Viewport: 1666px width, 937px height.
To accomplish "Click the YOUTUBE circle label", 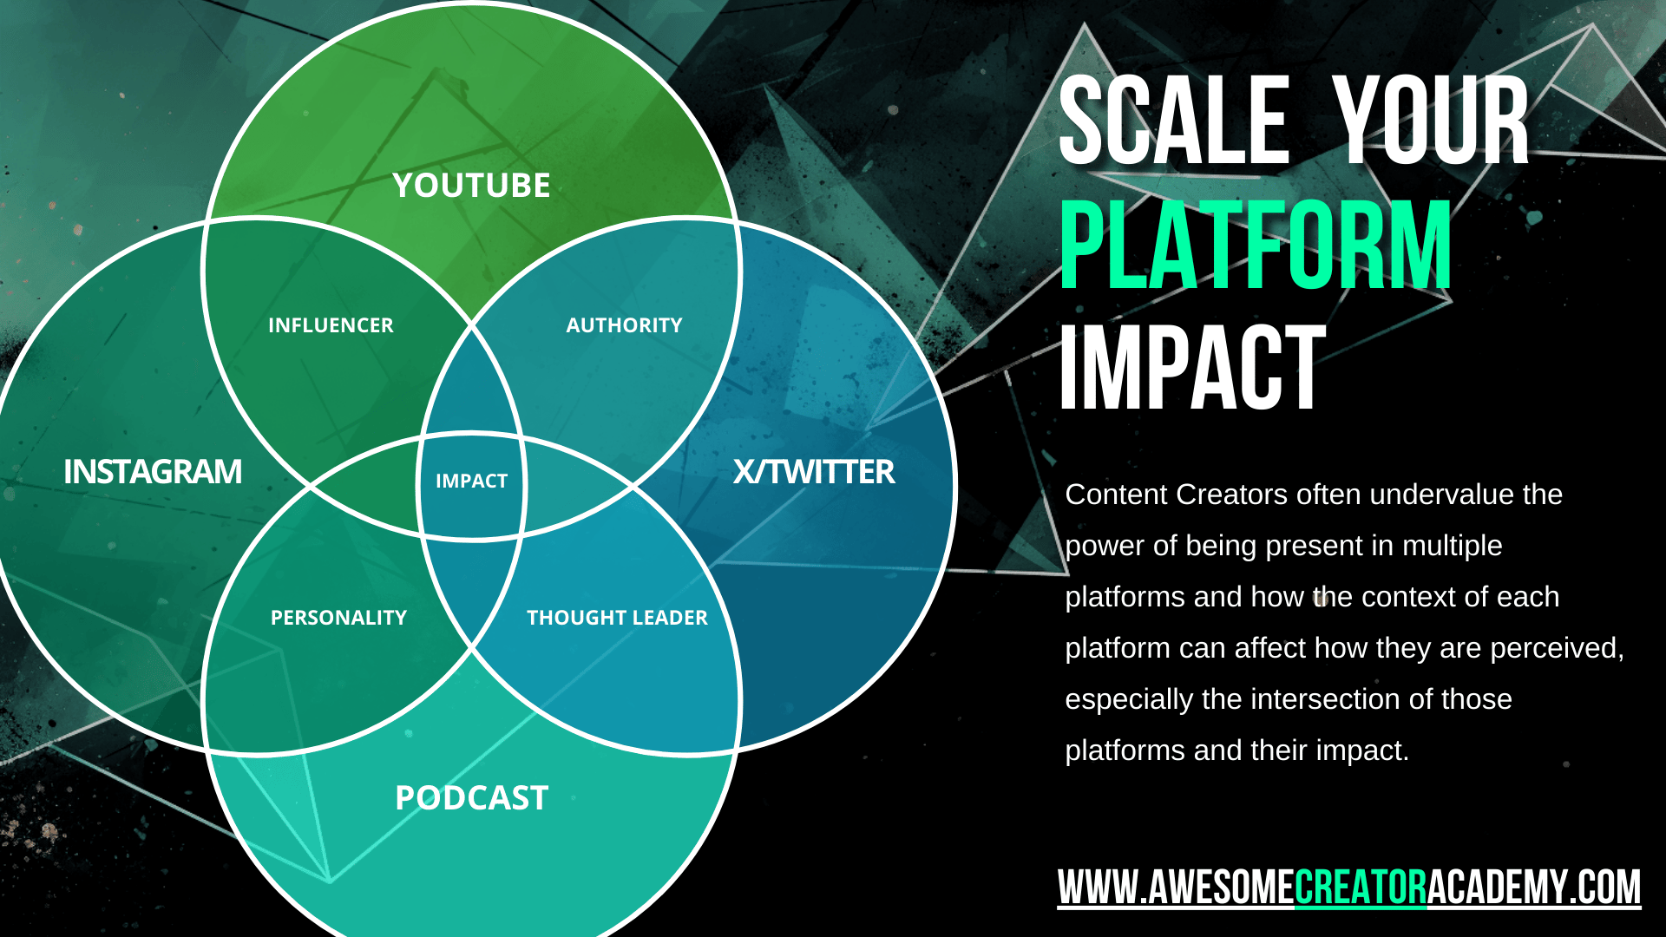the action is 471,186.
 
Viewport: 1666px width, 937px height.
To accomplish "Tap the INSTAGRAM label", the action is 153,472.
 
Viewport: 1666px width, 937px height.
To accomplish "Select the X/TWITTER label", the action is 814,472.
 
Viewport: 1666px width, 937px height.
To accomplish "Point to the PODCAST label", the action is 471,798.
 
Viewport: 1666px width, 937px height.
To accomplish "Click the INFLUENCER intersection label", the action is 331,325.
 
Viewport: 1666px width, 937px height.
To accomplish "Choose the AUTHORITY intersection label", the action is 624,325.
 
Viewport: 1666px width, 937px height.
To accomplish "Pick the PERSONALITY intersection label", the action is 338,618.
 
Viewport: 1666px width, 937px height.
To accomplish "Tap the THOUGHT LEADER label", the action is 617,618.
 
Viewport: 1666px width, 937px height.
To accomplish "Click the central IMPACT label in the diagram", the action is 471,481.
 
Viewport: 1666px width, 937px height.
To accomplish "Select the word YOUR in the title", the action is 1431,121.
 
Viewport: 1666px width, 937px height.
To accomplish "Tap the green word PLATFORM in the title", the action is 1256,245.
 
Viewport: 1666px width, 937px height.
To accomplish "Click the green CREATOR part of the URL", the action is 1361,888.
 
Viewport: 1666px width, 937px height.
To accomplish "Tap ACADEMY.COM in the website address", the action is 1534,888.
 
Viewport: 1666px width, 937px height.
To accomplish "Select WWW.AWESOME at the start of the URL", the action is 1176,888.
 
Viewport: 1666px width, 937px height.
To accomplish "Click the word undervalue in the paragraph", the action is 1442,495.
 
